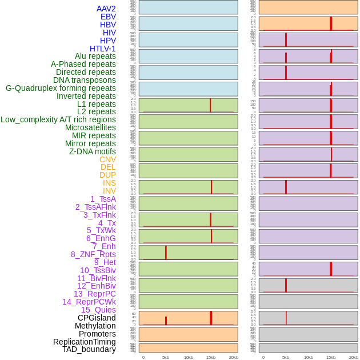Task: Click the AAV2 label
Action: point(106,9)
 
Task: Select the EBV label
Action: point(108,17)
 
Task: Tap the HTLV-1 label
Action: point(102,49)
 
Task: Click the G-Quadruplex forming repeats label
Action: point(61,88)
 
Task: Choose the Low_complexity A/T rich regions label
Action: point(58,119)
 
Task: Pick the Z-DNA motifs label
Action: point(92,151)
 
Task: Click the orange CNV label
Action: point(107,159)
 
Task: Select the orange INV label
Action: point(109,191)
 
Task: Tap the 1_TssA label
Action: point(103,199)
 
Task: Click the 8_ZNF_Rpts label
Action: point(93,254)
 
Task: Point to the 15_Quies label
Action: point(98,310)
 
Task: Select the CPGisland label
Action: point(97,318)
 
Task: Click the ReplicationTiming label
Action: point(84,342)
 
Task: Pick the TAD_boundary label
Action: point(89,349)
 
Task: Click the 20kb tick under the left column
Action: point(234,357)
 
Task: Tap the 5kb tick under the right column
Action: point(286,357)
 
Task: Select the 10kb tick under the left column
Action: point(189,357)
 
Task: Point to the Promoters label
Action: point(97,334)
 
